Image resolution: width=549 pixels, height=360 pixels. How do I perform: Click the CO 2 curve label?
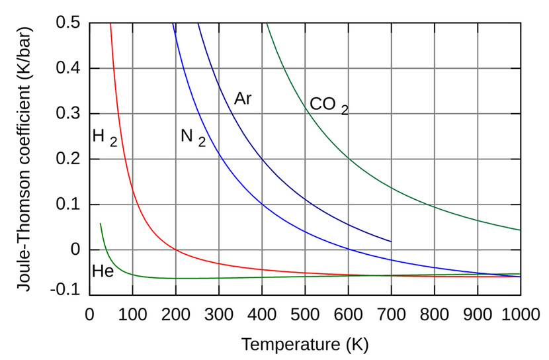pos(328,106)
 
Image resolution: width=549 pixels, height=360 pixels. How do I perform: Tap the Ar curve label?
pos(243,99)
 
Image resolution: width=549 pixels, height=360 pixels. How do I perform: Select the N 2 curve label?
pos(192,138)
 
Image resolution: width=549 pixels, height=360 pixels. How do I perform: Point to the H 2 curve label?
pos(105,137)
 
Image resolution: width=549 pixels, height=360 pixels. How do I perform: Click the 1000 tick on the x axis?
pos(520,313)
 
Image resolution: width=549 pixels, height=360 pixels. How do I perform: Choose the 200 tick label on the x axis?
pos(176,313)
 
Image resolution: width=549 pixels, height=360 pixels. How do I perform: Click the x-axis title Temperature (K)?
pos(305,345)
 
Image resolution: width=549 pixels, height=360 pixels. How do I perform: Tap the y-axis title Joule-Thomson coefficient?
pos(23,159)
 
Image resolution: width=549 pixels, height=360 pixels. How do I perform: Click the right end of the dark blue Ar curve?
pos(391,242)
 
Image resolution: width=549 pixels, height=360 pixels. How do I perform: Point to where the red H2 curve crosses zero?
pos(176,249)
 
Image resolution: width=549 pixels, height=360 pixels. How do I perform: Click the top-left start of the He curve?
pos(101,224)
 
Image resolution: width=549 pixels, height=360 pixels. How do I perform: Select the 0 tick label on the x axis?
pos(91,313)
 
